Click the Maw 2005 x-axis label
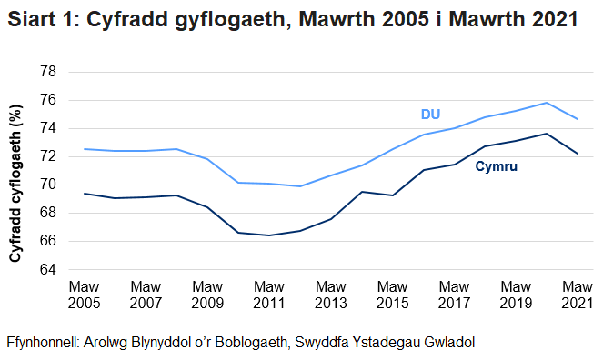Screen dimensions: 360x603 point(84,294)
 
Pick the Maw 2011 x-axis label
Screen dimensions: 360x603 point(268,294)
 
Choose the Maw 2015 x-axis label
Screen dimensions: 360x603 point(392,294)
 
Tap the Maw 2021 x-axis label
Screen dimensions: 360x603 point(577,294)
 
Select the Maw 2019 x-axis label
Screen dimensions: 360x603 point(515,294)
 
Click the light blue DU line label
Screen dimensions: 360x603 point(431,115)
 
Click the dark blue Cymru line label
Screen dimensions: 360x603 point(497,166)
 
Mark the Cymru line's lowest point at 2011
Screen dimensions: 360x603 point(268,235)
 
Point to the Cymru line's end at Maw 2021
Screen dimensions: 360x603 point(577,154)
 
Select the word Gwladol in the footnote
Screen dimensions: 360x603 point(447,343)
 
